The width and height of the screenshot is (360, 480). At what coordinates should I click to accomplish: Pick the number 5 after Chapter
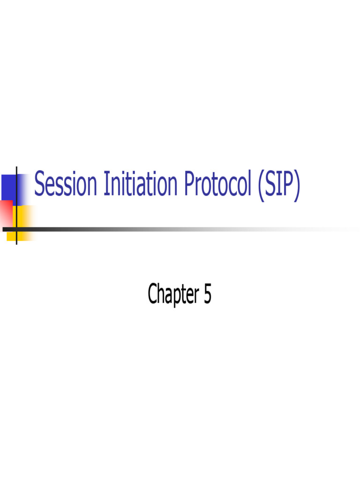click(x=207, y=294)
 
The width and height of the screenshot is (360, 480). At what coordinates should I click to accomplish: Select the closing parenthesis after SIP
click(x=296, y=186)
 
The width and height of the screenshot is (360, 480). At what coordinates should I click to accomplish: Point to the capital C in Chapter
click(x=153, y=294)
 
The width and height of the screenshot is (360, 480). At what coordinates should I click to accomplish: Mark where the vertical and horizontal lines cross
click(x=17, y=229)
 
